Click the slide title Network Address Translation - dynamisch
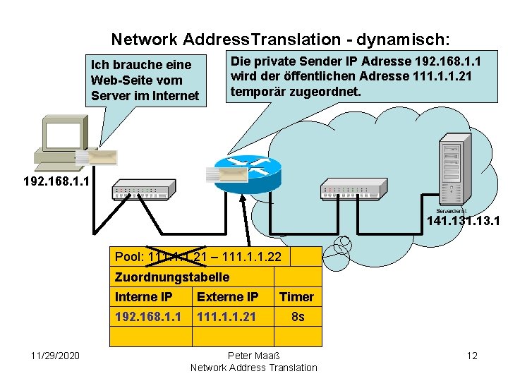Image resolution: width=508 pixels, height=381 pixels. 282,39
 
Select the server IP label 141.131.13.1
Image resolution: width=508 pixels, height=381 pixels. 464,222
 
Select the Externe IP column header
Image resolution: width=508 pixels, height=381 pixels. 227,297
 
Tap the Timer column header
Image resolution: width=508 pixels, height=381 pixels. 296,297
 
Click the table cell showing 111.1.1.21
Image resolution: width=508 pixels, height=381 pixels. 226,317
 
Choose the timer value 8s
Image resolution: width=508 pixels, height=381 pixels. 298,317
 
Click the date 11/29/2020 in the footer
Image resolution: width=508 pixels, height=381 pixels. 55,355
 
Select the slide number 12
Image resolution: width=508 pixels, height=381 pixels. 472,355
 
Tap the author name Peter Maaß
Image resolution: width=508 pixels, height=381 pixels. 253,355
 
